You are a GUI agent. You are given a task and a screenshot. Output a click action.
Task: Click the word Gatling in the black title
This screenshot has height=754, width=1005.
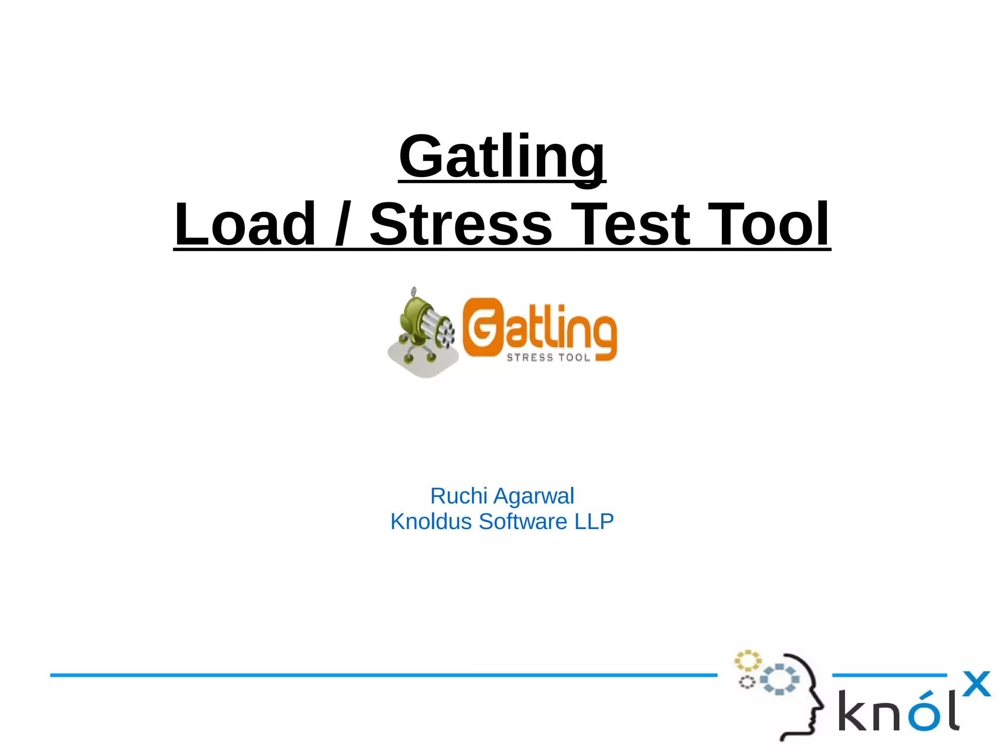(x=502, y=157)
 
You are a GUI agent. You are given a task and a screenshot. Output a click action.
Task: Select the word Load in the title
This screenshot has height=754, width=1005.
(x=245, y=224)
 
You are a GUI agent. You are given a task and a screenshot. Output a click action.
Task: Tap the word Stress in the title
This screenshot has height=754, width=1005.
(x=461, y=224)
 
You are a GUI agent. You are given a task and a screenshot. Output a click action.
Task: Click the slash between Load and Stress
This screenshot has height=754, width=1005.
(x=342, y=224)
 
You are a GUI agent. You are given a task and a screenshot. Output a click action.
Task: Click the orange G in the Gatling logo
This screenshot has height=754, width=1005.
(x=483, y=328)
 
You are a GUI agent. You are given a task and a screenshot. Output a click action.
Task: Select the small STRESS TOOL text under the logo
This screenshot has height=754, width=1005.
(x=548, y=358)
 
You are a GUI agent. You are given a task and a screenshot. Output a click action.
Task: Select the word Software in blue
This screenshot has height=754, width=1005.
(x=523, y=522)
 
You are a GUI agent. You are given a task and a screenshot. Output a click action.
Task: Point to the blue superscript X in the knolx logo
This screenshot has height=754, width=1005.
(x=976, y=684)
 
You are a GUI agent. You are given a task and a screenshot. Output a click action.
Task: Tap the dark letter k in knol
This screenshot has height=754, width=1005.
(x=853, y=710)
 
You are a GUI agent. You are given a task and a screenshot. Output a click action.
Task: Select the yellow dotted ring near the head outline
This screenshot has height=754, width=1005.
(x=747, y=661)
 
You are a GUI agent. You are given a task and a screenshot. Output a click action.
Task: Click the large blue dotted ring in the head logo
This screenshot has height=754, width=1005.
(x=780, y=679)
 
